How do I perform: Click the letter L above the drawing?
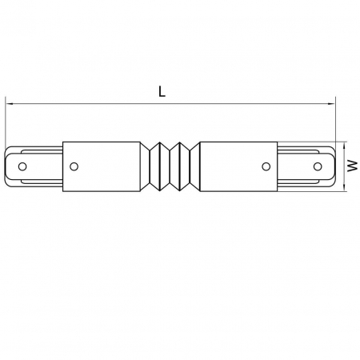[x=162, y=92]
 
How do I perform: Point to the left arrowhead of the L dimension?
[x=10, y=102]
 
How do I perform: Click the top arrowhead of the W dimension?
[x=345, y=145]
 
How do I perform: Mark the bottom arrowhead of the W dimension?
[x=345, y=189]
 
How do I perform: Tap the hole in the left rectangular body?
[x=74, y=167]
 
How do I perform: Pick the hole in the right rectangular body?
[x=267, y=167]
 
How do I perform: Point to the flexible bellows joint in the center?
[x=170, y=167]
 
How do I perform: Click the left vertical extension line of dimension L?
[x=6, y=124]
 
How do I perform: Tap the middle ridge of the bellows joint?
[x=170, y=167]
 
